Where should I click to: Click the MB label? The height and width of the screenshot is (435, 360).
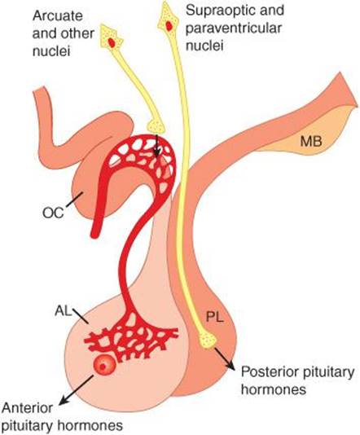[311, 142]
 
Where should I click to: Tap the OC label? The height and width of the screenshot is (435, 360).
[53, 213]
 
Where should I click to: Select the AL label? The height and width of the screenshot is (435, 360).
[63, 311]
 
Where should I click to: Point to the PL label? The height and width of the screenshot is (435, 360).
[215, 317]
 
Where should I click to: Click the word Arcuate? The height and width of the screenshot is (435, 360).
[58, 15]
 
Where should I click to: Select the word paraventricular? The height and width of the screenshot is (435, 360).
[234, 28]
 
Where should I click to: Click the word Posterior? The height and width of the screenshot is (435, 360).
[270, 371]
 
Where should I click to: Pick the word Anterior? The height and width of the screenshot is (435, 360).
[27, 408]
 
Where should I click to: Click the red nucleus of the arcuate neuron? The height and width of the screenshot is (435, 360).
[112, 42]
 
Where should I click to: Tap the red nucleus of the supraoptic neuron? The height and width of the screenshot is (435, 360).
[169, 25]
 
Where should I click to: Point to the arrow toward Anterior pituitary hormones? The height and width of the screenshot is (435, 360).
[77, 389]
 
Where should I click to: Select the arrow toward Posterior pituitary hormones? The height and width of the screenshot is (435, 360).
[224, 358]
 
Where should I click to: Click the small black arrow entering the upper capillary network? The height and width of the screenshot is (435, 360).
[157, 146]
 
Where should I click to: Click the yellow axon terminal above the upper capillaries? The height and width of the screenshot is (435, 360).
[156, 126]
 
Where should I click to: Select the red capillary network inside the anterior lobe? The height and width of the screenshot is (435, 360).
[131, 336]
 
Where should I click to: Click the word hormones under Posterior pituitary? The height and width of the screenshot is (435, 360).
[274, 389]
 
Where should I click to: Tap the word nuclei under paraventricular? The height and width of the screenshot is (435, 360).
[204, 45]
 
